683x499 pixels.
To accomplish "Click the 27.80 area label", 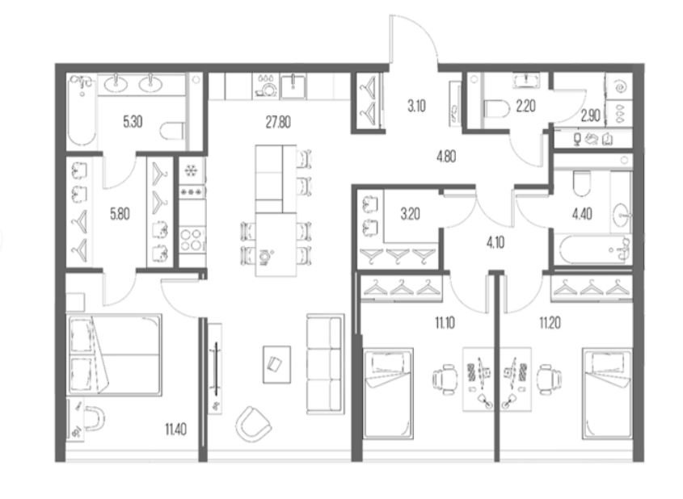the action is tap(278, 123).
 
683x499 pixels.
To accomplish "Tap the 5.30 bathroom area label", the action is tap(133, 122).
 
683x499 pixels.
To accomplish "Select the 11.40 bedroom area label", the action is tap(176, 430).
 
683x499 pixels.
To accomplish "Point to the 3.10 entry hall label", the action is tap(416, 106).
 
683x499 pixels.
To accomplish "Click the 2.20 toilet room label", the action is tap(525, 106).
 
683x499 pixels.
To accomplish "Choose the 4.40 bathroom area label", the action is tap(582, 214).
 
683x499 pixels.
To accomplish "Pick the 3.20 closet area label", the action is tap(411, 214).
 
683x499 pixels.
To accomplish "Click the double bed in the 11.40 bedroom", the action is tap(114, 354).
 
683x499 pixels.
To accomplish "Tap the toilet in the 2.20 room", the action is tap(497, 109).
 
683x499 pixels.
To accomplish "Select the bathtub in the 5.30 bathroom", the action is tap(82, 110).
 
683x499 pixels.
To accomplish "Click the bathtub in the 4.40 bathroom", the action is tap(593, 250).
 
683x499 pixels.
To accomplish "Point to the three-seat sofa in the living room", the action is tap(325, 363).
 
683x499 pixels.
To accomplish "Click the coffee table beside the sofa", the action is tap(276, 365).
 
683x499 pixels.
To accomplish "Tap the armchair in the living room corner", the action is tap(253, 423).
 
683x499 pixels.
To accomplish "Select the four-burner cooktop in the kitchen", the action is tap(192, 239).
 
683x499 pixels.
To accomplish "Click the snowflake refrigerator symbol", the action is tap(191, 171).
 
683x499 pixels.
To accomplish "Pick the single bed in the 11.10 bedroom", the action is tap(388, 393).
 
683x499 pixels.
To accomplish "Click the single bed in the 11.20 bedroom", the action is tap(607, 393).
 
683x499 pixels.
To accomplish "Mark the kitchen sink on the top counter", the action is tap(293, 86).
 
